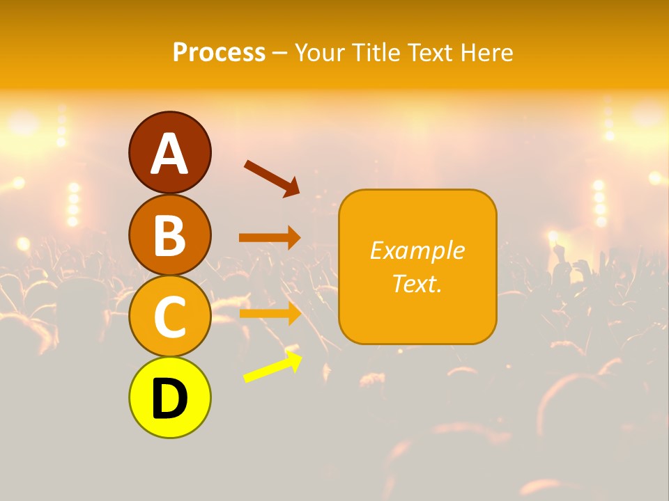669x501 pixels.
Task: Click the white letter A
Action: click(x=169, y=154)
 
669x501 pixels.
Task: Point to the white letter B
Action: click(x=169, y=235)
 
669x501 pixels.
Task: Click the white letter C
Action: click(x=169, y=317)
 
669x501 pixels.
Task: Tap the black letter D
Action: click(x=169, y=399)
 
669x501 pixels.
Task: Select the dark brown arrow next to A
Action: click(x=272, y=178)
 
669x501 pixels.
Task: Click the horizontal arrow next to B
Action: click(x=270, y=237)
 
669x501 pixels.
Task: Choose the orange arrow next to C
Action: click(x=270, y=313)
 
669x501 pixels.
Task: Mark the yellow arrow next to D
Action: click(x=272, y=367)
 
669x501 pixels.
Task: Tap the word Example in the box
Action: click(x=417, y=250)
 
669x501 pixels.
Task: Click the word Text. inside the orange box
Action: click(x=417, y=284)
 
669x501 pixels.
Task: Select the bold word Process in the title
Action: click(x=219, y=53)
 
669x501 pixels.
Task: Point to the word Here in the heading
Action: click(x=487, y=53)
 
